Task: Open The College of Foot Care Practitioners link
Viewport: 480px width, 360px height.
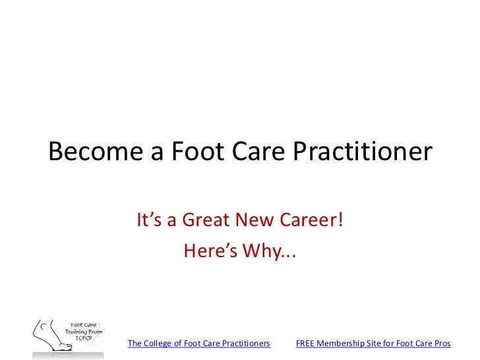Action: point(198,344)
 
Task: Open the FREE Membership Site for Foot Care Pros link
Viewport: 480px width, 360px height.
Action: point(373,344)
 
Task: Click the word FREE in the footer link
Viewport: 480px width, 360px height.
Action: point(306,344)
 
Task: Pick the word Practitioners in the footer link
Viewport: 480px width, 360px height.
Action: point(246,344)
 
